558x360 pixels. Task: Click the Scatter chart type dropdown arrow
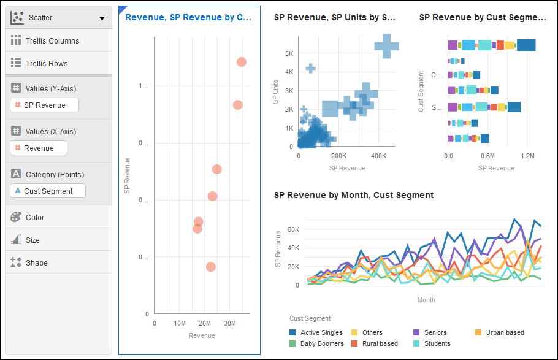coord(102,18)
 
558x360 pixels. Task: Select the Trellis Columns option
coord(52,41)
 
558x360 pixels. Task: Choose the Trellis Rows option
coord(47,64)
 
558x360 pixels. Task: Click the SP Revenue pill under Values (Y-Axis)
coord(44,105)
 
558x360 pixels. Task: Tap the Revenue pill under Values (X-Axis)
coord(39,148)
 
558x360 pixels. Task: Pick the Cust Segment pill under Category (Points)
coord(48,191)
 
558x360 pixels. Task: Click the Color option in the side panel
coord(35,218)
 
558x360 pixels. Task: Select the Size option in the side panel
coord(32,240)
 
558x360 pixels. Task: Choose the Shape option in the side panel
coord(36,263)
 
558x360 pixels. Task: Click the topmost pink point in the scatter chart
coord(241,62)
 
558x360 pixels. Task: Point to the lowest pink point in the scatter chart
coord(210,267)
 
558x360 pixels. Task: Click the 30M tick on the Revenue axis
coord(229,323)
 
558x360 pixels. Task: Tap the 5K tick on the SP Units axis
coord(288,53)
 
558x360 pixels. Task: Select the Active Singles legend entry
coord(321,332)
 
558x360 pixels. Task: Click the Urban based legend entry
coord(505,332)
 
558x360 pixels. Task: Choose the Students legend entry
coord(437,343)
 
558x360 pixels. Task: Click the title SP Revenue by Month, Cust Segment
coord(354,195)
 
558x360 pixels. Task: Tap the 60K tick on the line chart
coord(292,229)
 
